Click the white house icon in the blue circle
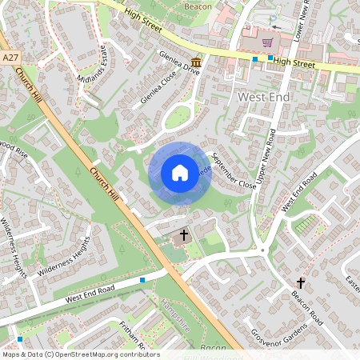pyautogui.click(x=180, y=173)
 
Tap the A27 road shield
pyautogui.click(x=10, y=58)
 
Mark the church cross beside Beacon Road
pyautogui.click(x=301, y=282)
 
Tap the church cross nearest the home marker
pyautogui.click(x=184, y=235)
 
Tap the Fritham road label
pyautogui.click(x=131, y=336)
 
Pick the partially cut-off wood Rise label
pyautogui.click(x=14, y=150)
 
